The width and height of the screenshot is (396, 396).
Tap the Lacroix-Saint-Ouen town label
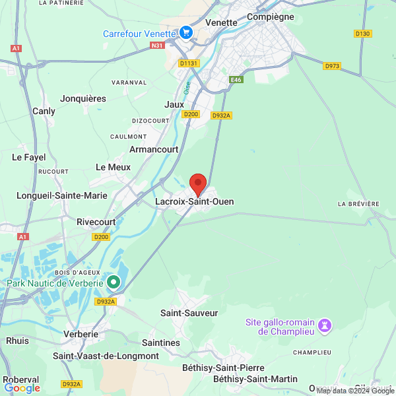(194, 201)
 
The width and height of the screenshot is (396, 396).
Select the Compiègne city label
(270, 16)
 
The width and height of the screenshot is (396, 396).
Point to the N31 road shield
(156, 46)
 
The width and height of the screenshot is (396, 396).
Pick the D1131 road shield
(188, 63)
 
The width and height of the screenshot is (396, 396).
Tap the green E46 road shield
(236, 80)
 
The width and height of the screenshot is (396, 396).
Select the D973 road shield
(332, 66)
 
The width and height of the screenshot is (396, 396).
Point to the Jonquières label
(83, 98)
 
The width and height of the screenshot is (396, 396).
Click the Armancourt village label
(154, 150)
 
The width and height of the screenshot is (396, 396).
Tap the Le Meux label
(114, 168)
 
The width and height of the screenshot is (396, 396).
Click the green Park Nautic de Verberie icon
(114, 282)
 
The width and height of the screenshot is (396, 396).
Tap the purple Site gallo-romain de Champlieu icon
(324, 325)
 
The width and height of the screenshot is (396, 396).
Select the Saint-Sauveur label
(189, 313)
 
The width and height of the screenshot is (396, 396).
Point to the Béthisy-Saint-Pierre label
(224, 368)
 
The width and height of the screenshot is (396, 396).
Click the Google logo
(22, 388)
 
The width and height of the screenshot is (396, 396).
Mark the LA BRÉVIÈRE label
(358, 204)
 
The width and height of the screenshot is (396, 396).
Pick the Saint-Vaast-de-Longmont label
(106, 356)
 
